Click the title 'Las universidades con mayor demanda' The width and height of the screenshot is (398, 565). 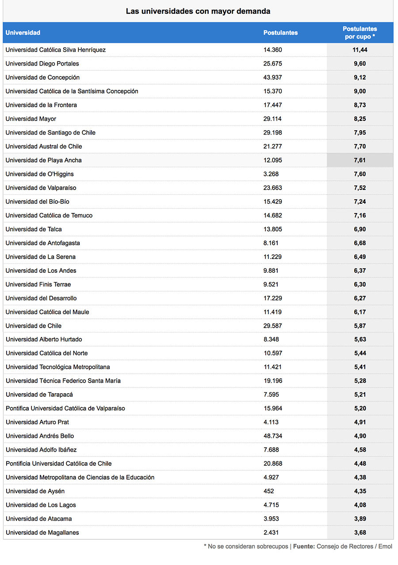click(198, 11)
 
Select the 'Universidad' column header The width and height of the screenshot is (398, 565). click(23, 33)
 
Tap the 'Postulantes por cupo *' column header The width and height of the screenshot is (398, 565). click(360, 33)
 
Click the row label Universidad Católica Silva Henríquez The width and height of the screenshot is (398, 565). click(56, 50)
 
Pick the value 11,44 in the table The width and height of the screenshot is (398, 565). click(360, 50)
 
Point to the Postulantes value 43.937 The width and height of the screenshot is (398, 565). click(273, 77)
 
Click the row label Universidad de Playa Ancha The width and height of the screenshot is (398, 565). click(44, 160)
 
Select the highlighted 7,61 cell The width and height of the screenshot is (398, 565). click(360, 160)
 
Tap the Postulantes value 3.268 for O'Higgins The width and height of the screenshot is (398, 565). click(271, 174)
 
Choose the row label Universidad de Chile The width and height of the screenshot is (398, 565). click(34, 326)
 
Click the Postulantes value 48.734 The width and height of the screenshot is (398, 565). click(273, 436)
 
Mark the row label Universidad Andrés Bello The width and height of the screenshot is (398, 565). click(40, 436)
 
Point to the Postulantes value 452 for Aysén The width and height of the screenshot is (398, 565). click(269, 491)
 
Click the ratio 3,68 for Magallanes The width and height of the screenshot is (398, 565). click(360, 533)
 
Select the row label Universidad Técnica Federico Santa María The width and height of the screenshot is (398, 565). click(63, 381)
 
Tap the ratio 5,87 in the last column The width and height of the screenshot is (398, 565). click(360, 326)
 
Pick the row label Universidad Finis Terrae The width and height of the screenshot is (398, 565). click(38, 284)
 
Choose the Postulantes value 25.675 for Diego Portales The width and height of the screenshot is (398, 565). click(273, 64)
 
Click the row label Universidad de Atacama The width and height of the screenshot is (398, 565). click(39, 519)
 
